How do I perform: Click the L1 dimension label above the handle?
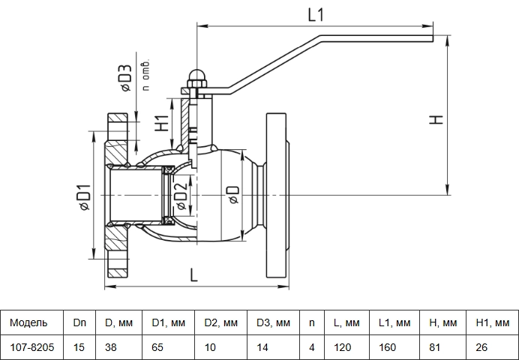316,15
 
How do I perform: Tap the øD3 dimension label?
126,78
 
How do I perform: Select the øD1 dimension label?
84,197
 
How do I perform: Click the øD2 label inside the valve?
181,196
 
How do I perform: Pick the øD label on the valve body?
233,195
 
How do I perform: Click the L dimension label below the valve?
193,275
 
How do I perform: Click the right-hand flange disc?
276,195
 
